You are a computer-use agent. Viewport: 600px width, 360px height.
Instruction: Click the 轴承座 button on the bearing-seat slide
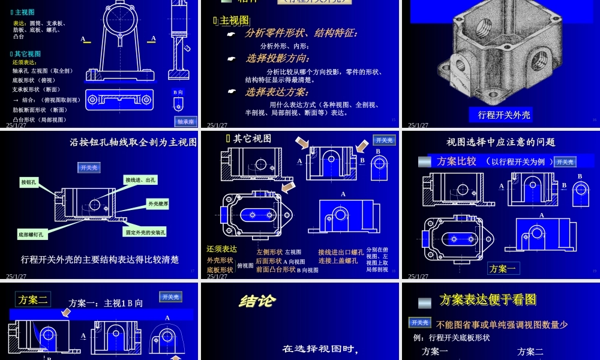point(186,121)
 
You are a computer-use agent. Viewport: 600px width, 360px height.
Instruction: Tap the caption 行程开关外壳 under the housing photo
point(504,115)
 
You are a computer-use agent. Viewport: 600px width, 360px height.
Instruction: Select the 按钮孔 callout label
point(29,181)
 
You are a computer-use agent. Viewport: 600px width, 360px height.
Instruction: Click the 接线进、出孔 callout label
point(140,179)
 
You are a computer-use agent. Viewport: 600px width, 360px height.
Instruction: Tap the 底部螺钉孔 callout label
point(31,235)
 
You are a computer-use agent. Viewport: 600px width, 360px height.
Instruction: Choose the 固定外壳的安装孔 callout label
point(146,232)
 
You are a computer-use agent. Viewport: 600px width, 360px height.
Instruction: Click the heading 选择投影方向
point(277,59)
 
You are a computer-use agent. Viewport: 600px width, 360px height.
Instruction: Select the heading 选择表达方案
point(277,92)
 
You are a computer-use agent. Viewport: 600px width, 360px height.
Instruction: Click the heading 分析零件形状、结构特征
point(301,34)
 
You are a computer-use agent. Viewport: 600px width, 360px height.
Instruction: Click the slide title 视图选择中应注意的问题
point(501,142)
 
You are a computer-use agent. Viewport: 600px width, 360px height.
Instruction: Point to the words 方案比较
point(457,161)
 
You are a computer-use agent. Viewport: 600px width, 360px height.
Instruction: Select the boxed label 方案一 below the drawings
point(503,268)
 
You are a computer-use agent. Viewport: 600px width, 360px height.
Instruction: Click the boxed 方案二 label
point(34,299)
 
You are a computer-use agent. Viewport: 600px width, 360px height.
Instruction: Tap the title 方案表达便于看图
point(488,300)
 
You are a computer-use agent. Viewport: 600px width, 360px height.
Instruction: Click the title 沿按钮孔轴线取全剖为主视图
point(133,143)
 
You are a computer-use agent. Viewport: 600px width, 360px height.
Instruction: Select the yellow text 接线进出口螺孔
point(340,252)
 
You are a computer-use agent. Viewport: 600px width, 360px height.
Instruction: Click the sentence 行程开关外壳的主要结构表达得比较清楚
point(100,260)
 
